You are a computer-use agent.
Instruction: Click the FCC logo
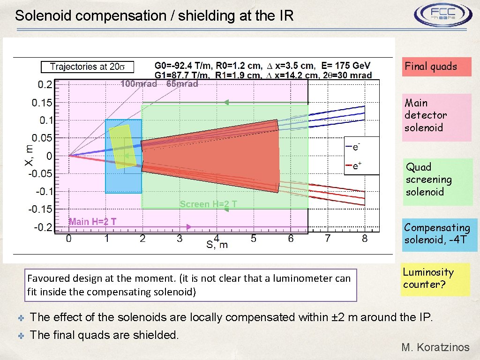pyautogui.click(x=442, y=16)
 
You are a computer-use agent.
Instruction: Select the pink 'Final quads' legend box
pyautogui.click(x=436, y=67)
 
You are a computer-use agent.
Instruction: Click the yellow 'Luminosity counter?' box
pyautogui.click(x=435, y=279)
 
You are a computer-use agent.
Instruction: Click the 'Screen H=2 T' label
pyautogui.click(x=209, y=204)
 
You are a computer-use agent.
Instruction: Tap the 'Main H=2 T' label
pyautogui.click(x=93, y=222)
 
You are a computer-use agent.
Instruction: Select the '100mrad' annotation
pyautogui.click(x=139, y=84)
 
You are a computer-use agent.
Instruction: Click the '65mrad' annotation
pyautogui.click(x=182, y=84)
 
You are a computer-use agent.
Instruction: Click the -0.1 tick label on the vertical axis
pyautogui.click(x=44, y=191)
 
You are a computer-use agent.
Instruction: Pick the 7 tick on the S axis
pyautogui.click(x=328, y=239)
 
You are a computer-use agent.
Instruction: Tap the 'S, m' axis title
pyautogui.click(x=217, y=245)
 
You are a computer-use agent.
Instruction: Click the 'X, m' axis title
pyautogui.click(x=29, y=154)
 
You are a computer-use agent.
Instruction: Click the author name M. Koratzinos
pyautogui.click(x=435, y=347)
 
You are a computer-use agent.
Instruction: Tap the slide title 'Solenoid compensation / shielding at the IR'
pyautogui.click(x=154, y=16)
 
